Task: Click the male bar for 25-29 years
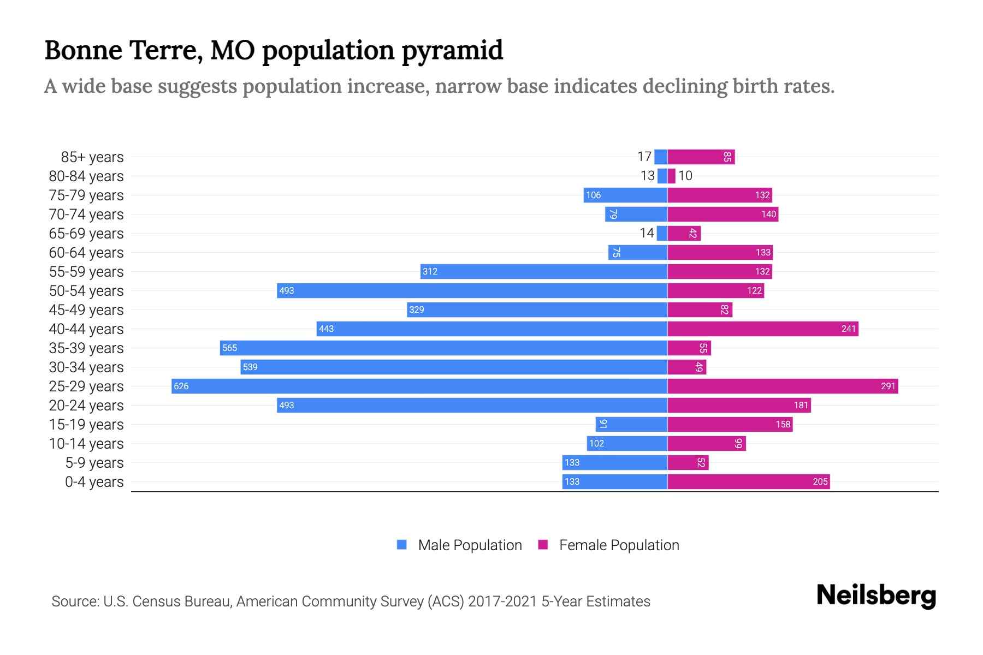point(419,386)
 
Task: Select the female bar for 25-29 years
point(783,386)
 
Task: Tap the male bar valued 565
point(443,348)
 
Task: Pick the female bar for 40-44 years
point(763,329)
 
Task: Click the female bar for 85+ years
point(701,157)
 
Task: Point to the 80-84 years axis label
point(86,176)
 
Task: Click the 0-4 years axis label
point(94,482)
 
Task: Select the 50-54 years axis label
point(86,291)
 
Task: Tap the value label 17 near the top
point(644,157)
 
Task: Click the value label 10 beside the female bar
point(685,176)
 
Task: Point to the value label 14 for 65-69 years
point(647,233)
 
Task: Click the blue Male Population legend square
point(402,545)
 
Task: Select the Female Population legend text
point(619,545)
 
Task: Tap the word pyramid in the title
point(452,50)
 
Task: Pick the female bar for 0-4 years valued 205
point(749,481)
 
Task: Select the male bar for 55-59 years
point(544,271)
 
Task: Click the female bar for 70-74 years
point(723,214)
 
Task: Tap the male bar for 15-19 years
point(631,424)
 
